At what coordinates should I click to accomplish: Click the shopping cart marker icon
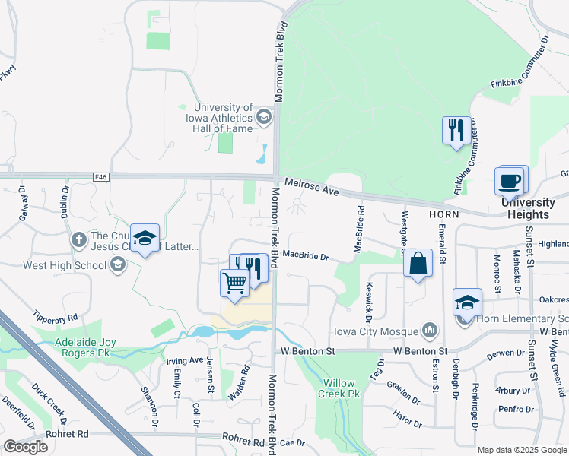(235, 283)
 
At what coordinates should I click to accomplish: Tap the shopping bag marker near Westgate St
(418, 264)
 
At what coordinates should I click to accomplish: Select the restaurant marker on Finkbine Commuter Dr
(456, 131)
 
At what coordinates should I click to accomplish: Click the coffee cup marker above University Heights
(510, 182)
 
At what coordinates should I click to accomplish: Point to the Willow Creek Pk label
(341, 388)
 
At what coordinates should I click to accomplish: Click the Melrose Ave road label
(311, 188)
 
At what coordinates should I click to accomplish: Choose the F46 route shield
(101, 176)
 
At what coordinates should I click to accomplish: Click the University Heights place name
(528, 208)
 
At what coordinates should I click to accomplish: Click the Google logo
(25, 447)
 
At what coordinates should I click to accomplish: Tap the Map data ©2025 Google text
(522, 450)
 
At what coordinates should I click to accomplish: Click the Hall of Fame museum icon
(263, 116)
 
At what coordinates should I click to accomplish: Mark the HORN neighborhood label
(442, 215)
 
